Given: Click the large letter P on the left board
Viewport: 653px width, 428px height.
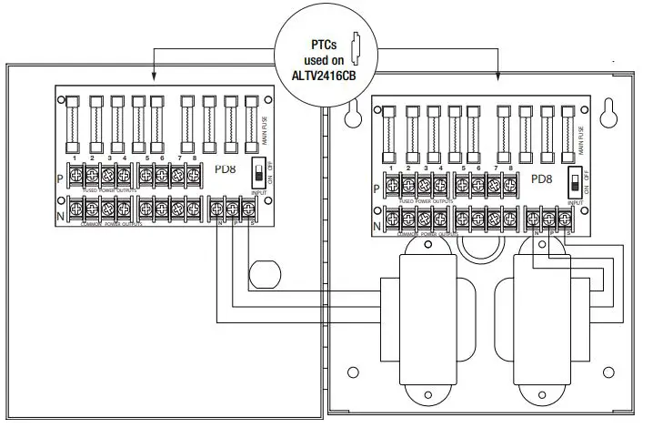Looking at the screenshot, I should coord(59,179).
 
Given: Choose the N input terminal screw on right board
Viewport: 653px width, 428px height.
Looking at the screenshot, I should coord(533,219).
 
